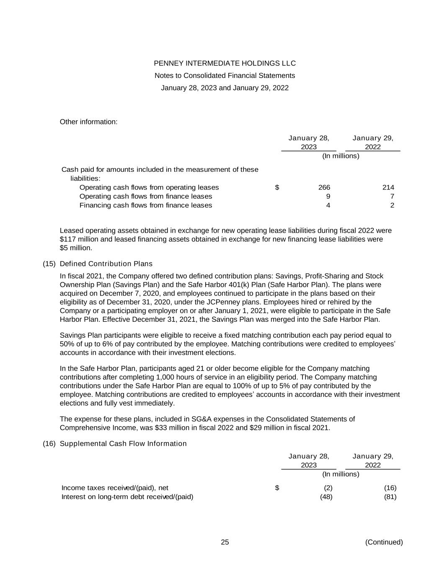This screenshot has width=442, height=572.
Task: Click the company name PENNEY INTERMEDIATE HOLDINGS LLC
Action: pyautogui.click(x=225, y=63)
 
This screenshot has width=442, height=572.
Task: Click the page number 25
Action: pyautogui.click(x=225, y=542)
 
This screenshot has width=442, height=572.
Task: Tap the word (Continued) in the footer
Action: pyautogui.click(x=384, y=542)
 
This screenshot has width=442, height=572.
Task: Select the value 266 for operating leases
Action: pyautogui.click(x=324, y=187)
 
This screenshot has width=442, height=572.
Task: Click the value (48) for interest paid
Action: pyautogui.click(x=326, y=497)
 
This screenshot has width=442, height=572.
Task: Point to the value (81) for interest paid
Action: pyautogui.click(x=390, y=497)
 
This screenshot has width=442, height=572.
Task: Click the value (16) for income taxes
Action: pyautogui.click(x=390, y=488)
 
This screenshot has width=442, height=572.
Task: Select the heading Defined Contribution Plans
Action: pyautogui.click(x=106, y=264)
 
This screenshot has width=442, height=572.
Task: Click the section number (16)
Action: pyautogui.click(x=49, y=443)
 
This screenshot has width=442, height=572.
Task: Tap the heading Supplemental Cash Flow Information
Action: pyautogui.click(x=123, y=443)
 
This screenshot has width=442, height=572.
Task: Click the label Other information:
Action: pyautogui.click(x=88, y=122)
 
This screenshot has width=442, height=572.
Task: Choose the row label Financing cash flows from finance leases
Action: pyautogui.click(x=146, y=205)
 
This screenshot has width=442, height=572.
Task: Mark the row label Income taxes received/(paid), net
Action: pyautogui.click(x=115, y=488)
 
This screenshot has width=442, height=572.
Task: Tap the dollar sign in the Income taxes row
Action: pyautogui.click(x=277, y=488)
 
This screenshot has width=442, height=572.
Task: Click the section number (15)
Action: pyautogui.click(x=49, y=264)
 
